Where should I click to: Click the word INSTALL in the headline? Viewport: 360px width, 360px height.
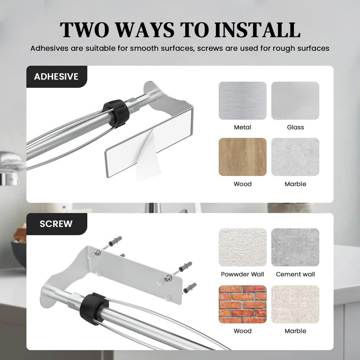tap(257, 30)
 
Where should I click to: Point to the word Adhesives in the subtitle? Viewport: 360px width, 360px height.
tap(49, 49)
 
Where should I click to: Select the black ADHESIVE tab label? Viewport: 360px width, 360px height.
tap(57, 76)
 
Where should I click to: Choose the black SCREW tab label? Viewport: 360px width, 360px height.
tap(57, 224)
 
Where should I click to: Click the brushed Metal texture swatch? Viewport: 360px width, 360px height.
tap(243, 100)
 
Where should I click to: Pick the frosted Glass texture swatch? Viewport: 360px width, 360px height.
tap(295, 100)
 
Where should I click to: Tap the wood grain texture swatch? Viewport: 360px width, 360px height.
tap(243, 157)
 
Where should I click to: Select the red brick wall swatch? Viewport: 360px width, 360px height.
tap(243, 304)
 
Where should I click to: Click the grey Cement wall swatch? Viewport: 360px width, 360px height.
tap(295, 247)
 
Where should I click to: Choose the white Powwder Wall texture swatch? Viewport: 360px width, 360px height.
tap(243, 247)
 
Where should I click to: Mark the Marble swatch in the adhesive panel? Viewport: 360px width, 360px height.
tap(295, 157)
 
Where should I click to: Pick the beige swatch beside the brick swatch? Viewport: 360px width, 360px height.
tap(295, 304)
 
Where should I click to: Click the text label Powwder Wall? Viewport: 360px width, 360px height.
tap(243, 274)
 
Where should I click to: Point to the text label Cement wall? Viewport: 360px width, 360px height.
tap(296, 274)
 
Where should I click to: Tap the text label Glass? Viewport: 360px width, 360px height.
tap(296, 127)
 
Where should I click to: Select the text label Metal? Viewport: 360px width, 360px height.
tap(243, 127)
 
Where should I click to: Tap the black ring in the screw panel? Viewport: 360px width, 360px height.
tap(94, 309)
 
